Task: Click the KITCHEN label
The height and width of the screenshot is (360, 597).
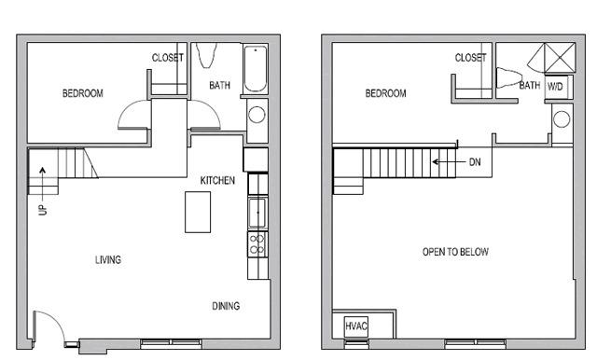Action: click(217, 180)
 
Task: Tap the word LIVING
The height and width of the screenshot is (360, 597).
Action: click(108, 260)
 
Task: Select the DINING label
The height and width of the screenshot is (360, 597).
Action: click(226, 306)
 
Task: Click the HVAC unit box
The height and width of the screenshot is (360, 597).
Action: click(356, 326)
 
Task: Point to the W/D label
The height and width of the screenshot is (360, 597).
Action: click(555, 87)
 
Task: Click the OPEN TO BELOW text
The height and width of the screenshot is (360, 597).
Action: click(455, 252)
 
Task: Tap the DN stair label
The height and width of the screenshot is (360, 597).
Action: click(475, 162)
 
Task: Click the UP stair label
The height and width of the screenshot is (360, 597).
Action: click(43, 210)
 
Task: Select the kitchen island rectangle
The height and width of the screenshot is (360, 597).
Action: click(198, 212)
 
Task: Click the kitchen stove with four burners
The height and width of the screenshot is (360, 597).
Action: click(257, 244)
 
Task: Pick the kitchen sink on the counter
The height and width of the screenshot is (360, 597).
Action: click(257, 213)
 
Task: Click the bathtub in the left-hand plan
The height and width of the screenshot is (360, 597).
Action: click(255, 69)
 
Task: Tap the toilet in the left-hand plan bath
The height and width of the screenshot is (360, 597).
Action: click(207, 55)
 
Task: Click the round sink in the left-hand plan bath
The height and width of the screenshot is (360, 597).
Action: click(257, 115)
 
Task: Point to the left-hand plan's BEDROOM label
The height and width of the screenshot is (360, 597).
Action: click(83, 93)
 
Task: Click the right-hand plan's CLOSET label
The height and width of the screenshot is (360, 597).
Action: click(470, 58)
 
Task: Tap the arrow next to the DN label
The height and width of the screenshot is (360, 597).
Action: click(449, 162)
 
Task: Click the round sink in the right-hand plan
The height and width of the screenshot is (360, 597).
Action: click(562, 119)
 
